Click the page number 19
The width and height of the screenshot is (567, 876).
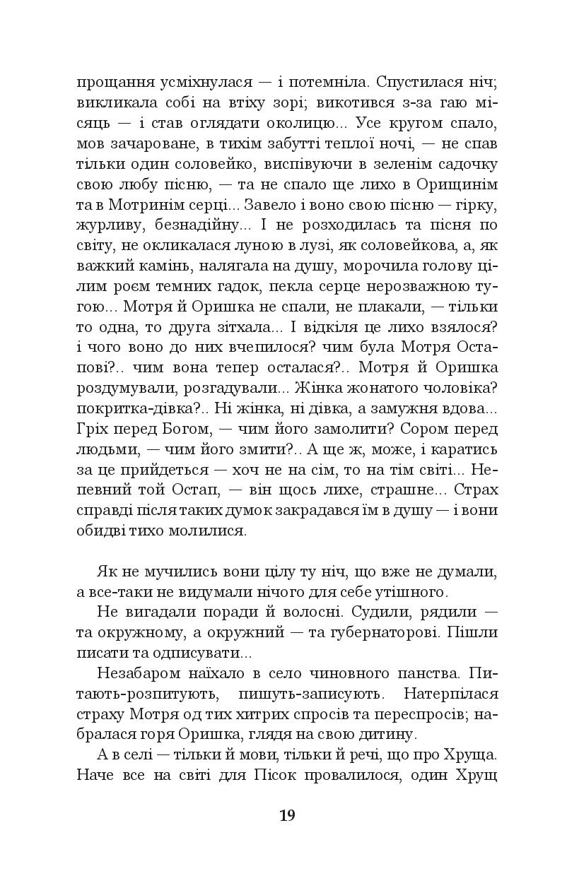point(287,816)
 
